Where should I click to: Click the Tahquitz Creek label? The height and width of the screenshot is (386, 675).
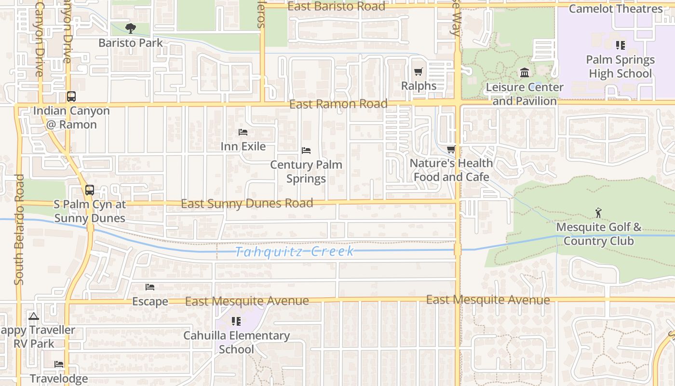(295, 251)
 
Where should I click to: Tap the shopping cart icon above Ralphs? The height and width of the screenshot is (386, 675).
(418, 72)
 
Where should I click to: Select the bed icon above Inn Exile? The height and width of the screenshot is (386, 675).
(243, 132)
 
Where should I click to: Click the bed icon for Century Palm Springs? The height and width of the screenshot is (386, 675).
(306, 151)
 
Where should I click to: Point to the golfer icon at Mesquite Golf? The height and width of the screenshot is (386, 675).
(598, 213)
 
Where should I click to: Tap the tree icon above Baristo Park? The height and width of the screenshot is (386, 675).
(130, 28)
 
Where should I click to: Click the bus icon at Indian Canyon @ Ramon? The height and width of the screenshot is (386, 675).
(71, 96)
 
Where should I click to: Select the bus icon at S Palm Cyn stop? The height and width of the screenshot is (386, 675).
(89, 190)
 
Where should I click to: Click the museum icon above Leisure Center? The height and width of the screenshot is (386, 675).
(525, 73)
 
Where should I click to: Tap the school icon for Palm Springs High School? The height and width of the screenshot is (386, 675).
(620, 45)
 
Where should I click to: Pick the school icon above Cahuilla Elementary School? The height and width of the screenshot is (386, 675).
(236, 321)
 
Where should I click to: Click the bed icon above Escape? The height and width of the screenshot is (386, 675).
(150, 287)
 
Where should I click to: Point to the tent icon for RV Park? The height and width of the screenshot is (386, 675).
(33, 317)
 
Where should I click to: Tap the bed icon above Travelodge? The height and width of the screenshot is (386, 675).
(59, 364)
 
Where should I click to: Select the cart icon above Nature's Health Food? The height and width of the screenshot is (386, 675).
(451, 150)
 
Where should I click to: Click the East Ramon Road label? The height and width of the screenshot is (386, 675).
(338, 104)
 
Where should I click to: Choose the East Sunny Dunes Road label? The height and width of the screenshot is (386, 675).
(247, 204)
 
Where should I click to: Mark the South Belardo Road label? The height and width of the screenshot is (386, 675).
(19, 229)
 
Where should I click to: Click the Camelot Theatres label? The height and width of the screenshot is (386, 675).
(616, 9)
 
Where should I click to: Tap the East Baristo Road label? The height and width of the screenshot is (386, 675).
(337, 6)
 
